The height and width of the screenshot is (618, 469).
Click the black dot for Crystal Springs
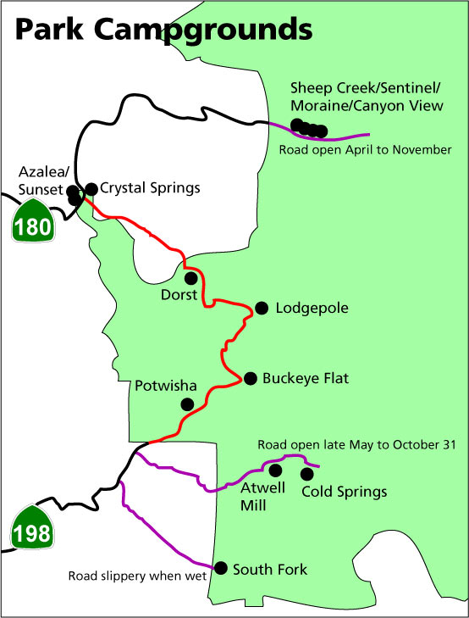(91, 188)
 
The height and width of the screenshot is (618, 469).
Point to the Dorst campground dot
(191, 277)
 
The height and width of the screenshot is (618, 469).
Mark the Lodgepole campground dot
(262, 308)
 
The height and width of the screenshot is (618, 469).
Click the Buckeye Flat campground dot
(250, 378)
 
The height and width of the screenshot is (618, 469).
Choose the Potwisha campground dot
(187, 404)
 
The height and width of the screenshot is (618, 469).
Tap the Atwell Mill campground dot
(274, 469)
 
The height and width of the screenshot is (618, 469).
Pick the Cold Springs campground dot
(306, 472)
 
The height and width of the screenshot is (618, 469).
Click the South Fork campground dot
(220, 568)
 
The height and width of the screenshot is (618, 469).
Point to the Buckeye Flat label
(306, 378)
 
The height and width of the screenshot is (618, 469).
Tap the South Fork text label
(270, 569)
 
